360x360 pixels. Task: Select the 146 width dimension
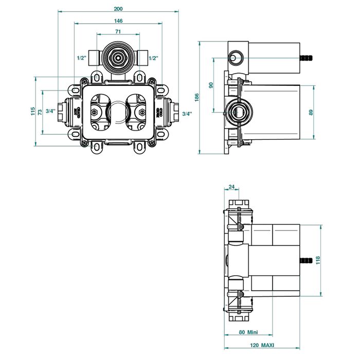(x=118, y=21)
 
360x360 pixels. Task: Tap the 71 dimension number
(x=118, y=32)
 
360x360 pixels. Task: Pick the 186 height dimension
(x=197, y=98)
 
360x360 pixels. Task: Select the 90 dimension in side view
(x=211, y=85)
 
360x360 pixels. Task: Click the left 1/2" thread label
(x=81, y=58)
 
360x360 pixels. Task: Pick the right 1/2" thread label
(x=153, y=58)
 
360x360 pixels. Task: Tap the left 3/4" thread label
(x=50, y=111)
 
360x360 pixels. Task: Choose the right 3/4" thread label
(x=187, y=113)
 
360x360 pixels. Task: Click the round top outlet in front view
(x=118, y=58)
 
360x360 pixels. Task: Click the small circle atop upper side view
(x=235, y=58)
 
